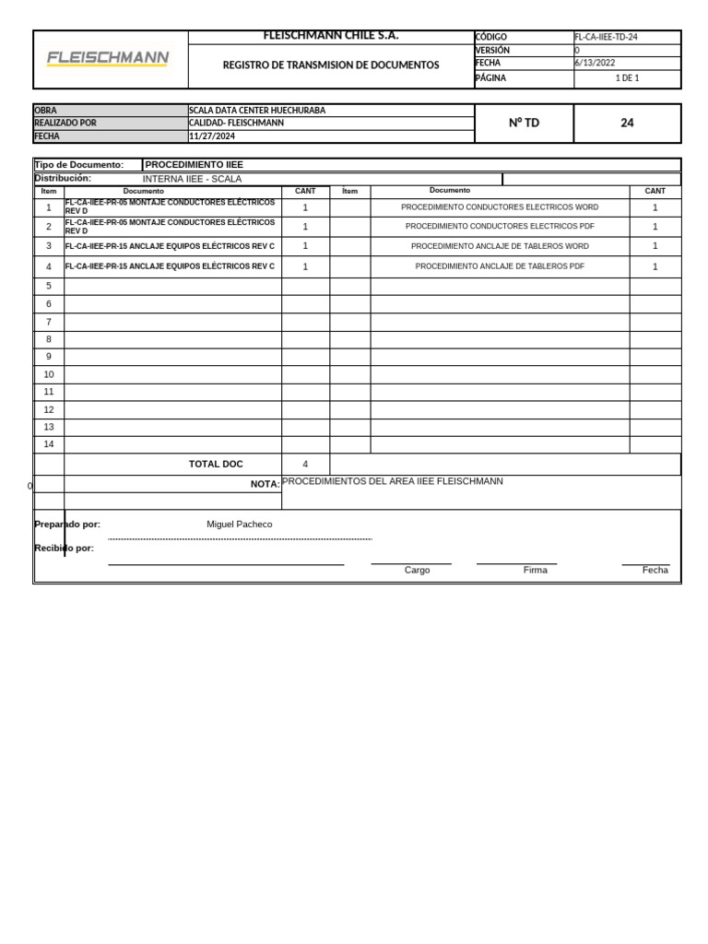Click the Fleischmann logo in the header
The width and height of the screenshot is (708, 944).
[108, 58]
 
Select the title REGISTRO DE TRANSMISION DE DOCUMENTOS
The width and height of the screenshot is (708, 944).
[331, 65]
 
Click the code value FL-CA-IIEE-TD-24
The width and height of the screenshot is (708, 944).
[606, 37]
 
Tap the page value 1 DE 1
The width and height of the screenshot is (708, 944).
[627, 78]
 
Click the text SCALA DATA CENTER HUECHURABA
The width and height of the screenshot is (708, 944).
[257, 111]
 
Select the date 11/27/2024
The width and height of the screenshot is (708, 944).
[214, 136]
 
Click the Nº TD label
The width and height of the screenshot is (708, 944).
[524, 123]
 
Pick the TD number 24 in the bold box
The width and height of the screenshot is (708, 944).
[627, 123]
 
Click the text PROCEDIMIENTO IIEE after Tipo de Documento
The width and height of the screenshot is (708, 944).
[195, 164]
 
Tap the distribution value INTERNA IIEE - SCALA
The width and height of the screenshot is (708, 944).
[192, 179]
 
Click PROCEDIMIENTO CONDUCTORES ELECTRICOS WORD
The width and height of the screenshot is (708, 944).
[500, 207]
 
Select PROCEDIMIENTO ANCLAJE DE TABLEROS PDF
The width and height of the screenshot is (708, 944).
[500, 266]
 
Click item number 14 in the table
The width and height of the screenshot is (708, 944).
[49, 443]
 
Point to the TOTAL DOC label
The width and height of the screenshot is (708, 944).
[216, 464]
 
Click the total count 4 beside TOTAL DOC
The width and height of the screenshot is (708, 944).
[305, 464]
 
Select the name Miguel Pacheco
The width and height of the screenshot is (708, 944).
[240, 524]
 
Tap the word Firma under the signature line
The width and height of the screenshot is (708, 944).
[535, 570]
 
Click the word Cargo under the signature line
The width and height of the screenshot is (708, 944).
[417, 570]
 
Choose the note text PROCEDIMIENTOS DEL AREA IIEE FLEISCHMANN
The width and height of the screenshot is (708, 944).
[393, 481]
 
